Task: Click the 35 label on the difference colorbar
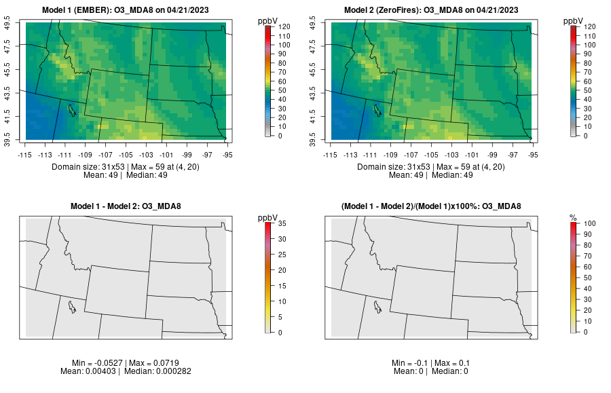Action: (282, 223)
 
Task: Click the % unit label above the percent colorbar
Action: (573, 217)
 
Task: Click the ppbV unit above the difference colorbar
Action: (268, 217)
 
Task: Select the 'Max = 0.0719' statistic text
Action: (153, 362)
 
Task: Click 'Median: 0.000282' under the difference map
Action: (151, 371)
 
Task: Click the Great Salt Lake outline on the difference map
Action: (72, 306)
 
